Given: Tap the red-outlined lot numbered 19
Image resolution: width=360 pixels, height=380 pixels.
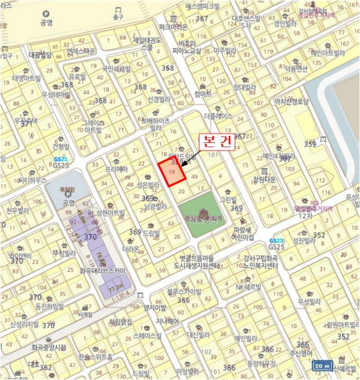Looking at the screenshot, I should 172,173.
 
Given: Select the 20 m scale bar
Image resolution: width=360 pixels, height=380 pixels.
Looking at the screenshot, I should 324,365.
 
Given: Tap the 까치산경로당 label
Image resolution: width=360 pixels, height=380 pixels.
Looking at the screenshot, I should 292,102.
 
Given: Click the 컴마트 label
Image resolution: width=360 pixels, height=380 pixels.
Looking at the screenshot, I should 203,94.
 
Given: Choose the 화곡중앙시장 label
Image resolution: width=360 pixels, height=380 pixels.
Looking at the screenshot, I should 48,346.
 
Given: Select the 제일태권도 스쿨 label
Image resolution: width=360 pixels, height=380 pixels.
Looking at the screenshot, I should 147,43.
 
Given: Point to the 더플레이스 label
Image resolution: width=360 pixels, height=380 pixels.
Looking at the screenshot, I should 218,116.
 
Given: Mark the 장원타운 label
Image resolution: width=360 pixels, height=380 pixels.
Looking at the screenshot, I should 264,180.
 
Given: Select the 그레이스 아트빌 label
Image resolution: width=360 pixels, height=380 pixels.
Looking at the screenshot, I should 93,126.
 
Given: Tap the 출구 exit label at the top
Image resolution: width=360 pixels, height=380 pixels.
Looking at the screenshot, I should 118,17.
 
